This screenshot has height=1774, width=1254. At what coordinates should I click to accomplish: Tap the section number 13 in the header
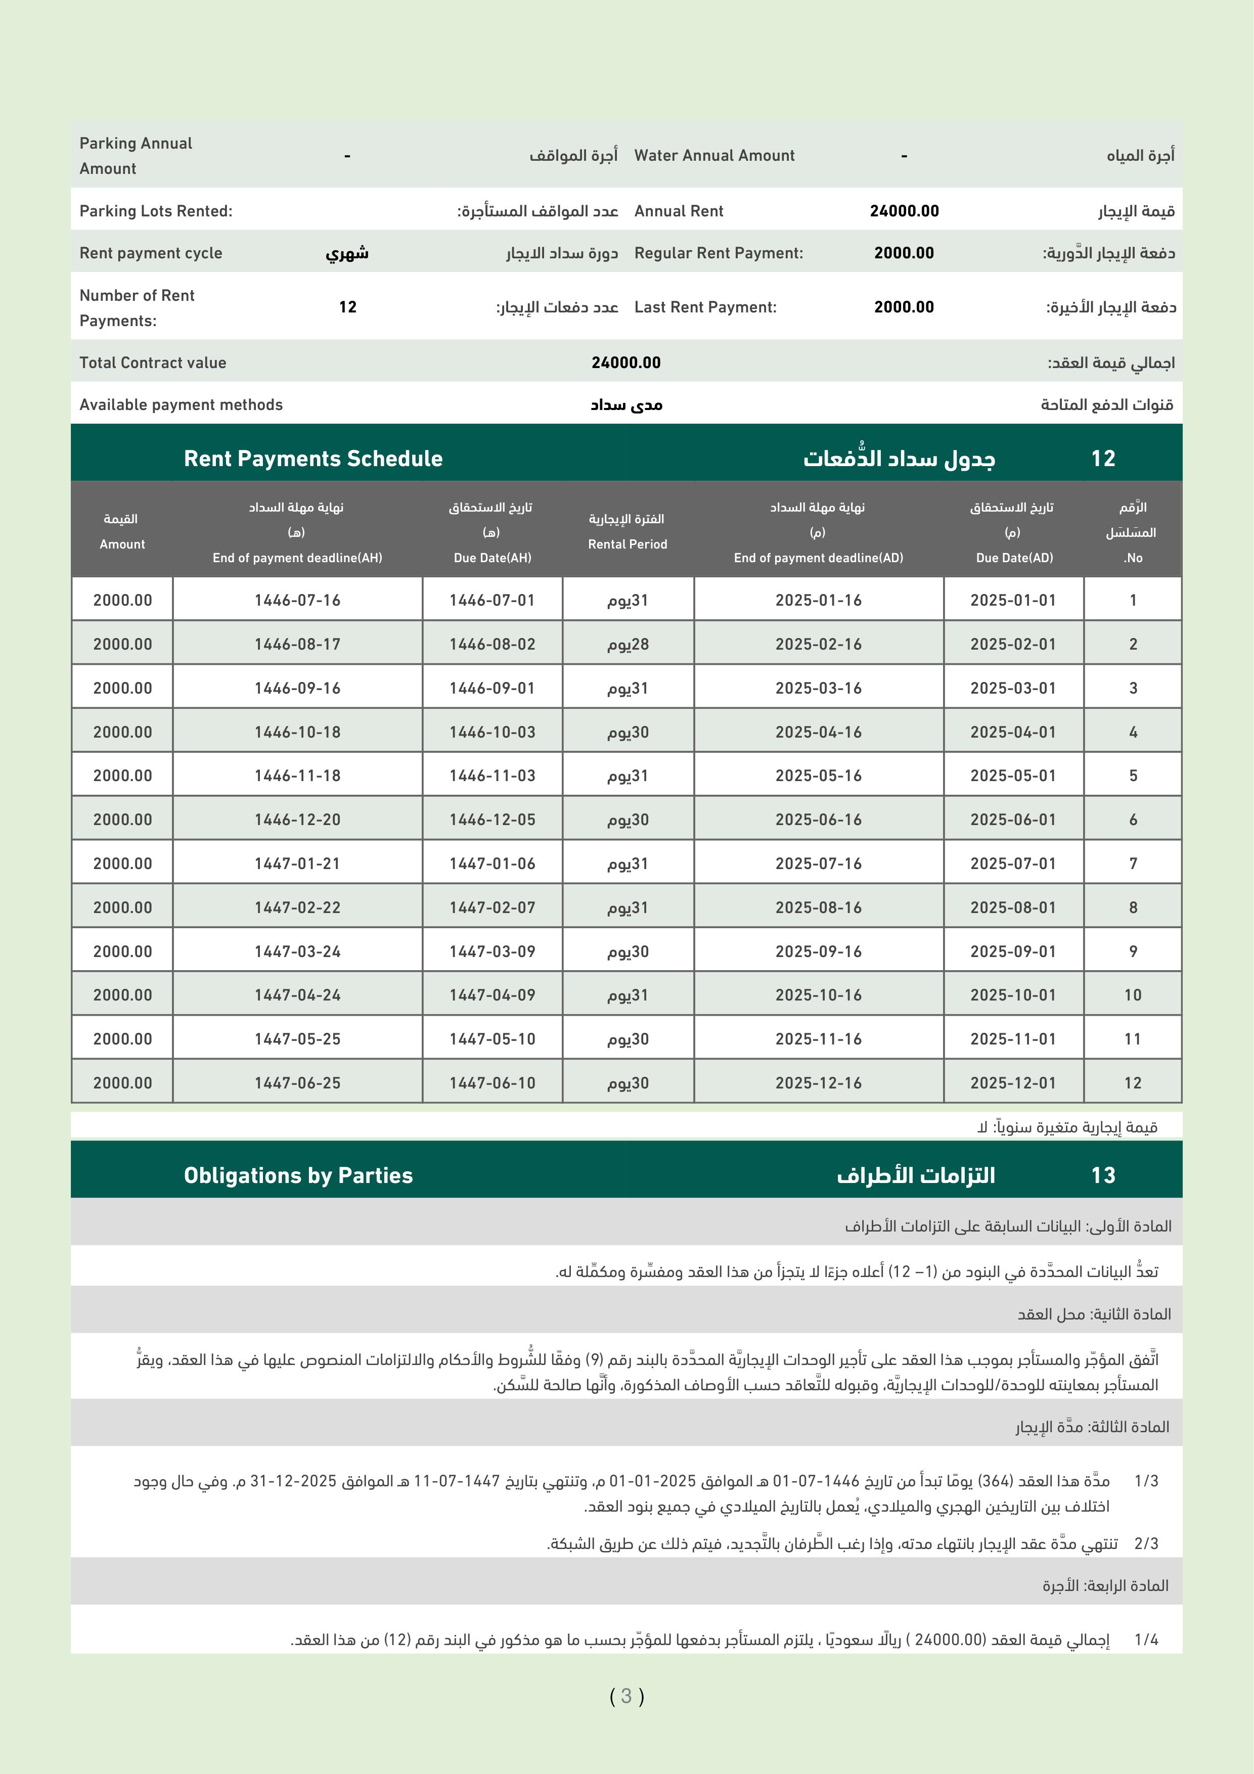(x=1103, y=1175)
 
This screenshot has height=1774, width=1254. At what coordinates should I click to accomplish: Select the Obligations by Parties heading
(x=298, y=1175)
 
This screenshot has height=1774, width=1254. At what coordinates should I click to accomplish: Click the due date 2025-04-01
(x=1013, y=732)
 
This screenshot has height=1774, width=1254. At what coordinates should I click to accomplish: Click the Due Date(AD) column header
(x=1014, y=557)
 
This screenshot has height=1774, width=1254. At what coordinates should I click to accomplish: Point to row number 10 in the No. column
(x=1133, y=994)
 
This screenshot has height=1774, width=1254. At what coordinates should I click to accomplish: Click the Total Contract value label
(x=153, y=362)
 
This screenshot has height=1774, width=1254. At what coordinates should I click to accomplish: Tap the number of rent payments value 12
(x=348, y=307)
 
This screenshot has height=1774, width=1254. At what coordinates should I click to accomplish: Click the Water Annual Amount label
(x=714, y=155)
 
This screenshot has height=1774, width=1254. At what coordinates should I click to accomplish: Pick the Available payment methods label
(x=181, y=405)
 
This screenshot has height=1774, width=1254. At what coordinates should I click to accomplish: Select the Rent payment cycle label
(x=151, y=253)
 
